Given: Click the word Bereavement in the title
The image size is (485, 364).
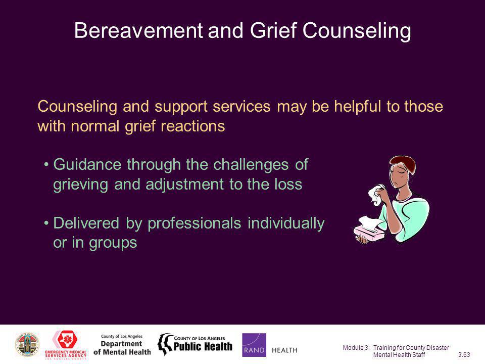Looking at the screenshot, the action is point(139,30).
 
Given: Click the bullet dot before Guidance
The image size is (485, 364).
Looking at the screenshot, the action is point(46,164).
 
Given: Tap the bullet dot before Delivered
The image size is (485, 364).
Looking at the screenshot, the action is point(46,222).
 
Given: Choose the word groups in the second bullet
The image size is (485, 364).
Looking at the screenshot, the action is point(113,243).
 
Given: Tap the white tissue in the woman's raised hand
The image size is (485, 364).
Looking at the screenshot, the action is point(376,195).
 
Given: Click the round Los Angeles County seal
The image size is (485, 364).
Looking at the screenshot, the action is point(27,344).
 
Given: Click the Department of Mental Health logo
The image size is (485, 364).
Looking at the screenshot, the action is point(122,345).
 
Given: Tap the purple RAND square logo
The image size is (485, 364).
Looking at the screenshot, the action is point(254,345).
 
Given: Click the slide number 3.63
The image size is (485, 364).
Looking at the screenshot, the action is point(464,355).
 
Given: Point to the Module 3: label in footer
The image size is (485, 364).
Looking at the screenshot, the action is point(356,348).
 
